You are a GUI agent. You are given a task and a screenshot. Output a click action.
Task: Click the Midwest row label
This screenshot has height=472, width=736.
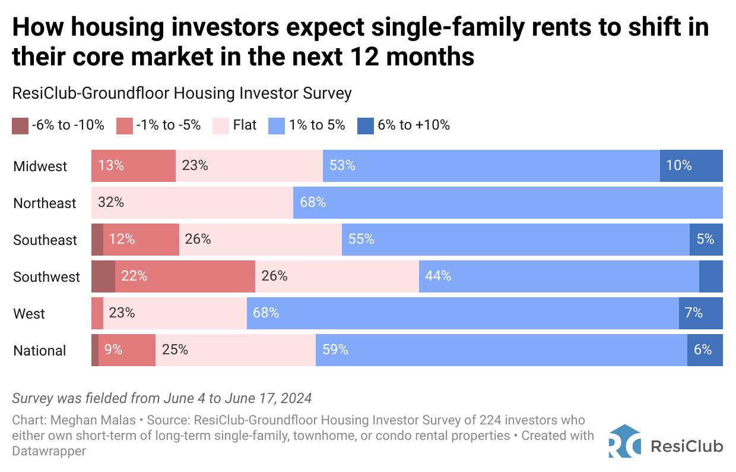point(40,166)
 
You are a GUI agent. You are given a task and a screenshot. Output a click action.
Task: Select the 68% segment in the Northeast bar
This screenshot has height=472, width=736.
point(507,203)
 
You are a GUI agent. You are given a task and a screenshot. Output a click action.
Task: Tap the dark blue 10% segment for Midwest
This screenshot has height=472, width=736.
point(691,166)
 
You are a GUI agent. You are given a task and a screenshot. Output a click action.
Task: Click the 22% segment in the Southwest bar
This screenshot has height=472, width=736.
point(185,276)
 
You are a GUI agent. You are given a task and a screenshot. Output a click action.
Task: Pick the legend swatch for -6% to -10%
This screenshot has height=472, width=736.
point(20,126)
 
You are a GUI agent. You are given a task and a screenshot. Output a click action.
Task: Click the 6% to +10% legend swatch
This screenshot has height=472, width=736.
point(365,126)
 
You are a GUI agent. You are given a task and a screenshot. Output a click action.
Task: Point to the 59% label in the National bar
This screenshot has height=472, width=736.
point(335,350)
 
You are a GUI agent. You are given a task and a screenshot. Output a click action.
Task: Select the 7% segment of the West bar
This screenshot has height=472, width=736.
point(700,313)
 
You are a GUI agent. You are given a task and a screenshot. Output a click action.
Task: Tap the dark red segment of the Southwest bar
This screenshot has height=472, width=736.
point(103,276)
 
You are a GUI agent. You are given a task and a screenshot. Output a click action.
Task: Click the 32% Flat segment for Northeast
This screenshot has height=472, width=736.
point(192,203)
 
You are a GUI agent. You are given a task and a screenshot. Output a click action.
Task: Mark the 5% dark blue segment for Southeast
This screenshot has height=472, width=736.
point(706,240)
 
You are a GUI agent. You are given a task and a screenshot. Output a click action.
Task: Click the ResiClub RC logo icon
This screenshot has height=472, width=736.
point(624,440)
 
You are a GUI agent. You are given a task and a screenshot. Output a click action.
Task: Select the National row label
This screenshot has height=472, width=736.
point(40,351)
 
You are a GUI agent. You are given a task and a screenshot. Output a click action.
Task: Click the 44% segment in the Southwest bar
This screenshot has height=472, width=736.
point(558,276)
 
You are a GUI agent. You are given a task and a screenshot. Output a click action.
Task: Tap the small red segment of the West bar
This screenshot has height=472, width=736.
point(97,313)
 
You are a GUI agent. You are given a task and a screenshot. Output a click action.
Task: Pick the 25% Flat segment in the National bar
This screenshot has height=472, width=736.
point(235,350)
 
